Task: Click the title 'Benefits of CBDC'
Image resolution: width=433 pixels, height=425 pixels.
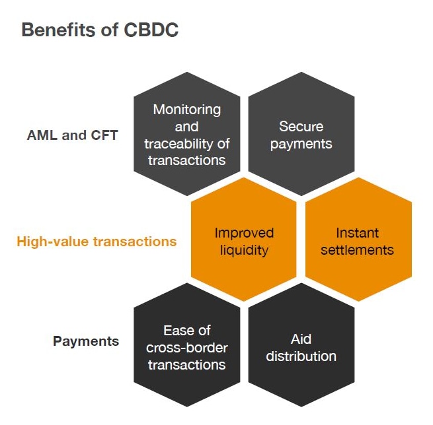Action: (100, 30)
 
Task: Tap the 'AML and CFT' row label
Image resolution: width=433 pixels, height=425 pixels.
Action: (72, 135)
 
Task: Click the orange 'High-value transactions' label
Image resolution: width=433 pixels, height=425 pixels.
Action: (97, 241)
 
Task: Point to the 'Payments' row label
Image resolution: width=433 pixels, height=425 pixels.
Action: (86, 341)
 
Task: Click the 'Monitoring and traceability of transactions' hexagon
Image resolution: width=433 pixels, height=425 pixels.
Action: (187, 135)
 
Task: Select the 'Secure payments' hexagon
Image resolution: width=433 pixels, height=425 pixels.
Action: (301, 135)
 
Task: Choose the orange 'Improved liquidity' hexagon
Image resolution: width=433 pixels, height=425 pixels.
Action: (244, 241)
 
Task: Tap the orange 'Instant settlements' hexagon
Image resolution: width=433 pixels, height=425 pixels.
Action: (358, 241)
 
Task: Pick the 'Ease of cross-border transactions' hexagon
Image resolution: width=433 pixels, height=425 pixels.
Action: (187, 347)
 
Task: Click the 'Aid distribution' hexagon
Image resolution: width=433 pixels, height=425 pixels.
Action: (301, 347)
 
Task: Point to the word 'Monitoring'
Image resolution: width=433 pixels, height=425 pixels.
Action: (187, 110)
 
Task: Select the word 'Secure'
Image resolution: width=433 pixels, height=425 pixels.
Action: (301, 126)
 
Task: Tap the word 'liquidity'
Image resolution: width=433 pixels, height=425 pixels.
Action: (244, 249)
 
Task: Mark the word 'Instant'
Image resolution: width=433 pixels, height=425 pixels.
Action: (358, 232)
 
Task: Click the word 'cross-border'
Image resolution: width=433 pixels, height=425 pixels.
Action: (187, 348)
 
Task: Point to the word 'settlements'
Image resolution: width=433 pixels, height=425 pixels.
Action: (358, 249)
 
